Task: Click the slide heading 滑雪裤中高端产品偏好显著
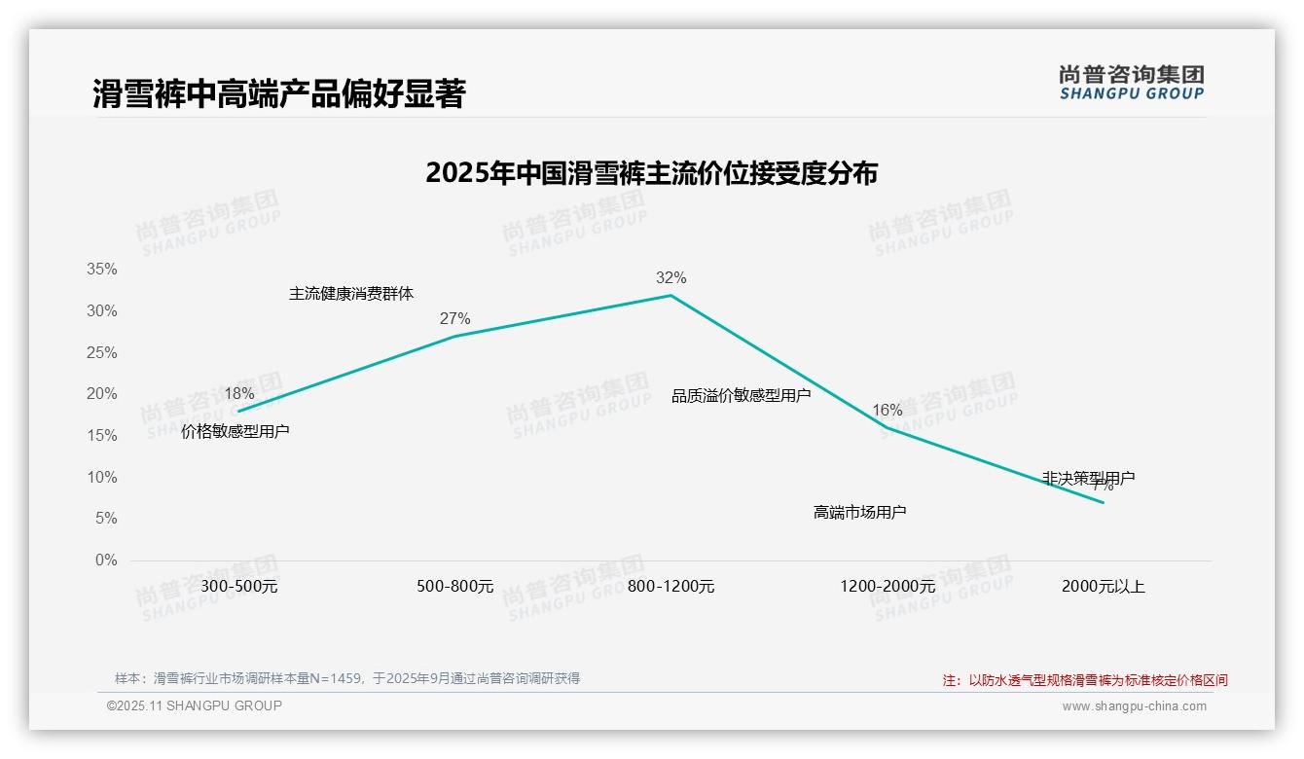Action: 279,93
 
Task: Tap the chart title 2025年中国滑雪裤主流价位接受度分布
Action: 651,173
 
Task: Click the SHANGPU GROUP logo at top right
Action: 1131,83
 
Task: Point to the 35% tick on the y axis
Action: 101,270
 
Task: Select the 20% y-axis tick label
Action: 101,394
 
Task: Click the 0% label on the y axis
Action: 106,560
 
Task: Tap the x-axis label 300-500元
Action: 239,587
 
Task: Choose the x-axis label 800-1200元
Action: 670,587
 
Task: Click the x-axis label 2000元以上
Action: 1103,587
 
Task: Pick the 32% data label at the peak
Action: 670,278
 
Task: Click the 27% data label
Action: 454,319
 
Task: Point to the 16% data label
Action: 887,411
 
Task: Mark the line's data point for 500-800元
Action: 454,337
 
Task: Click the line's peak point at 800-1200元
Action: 670,295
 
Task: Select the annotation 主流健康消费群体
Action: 351,294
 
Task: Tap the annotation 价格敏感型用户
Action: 235,431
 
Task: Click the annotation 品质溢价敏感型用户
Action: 741,396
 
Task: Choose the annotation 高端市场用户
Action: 859,512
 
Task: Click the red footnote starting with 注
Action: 1085,680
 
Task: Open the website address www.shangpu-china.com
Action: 1134,706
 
